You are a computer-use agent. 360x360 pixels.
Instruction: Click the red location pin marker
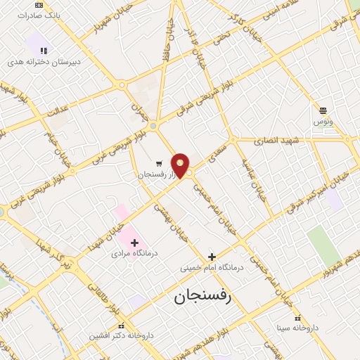click(181, 165)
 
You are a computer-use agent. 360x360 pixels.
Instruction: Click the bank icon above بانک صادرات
click(38, 4)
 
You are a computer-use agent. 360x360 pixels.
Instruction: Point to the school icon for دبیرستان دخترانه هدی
click(44, 51)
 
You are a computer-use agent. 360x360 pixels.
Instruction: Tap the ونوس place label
click(323, 122)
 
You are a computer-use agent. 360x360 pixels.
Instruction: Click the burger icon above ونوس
click(323, 110)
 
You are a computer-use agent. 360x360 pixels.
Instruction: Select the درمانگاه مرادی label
click(134, 254)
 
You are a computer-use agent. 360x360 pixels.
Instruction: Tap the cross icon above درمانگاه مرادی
click(134, 243)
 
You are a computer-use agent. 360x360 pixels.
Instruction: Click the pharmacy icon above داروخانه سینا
click(297, 317)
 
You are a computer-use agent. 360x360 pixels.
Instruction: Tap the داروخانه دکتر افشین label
click(121, 336)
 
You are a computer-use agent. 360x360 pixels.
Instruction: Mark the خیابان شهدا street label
click(100, 236)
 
